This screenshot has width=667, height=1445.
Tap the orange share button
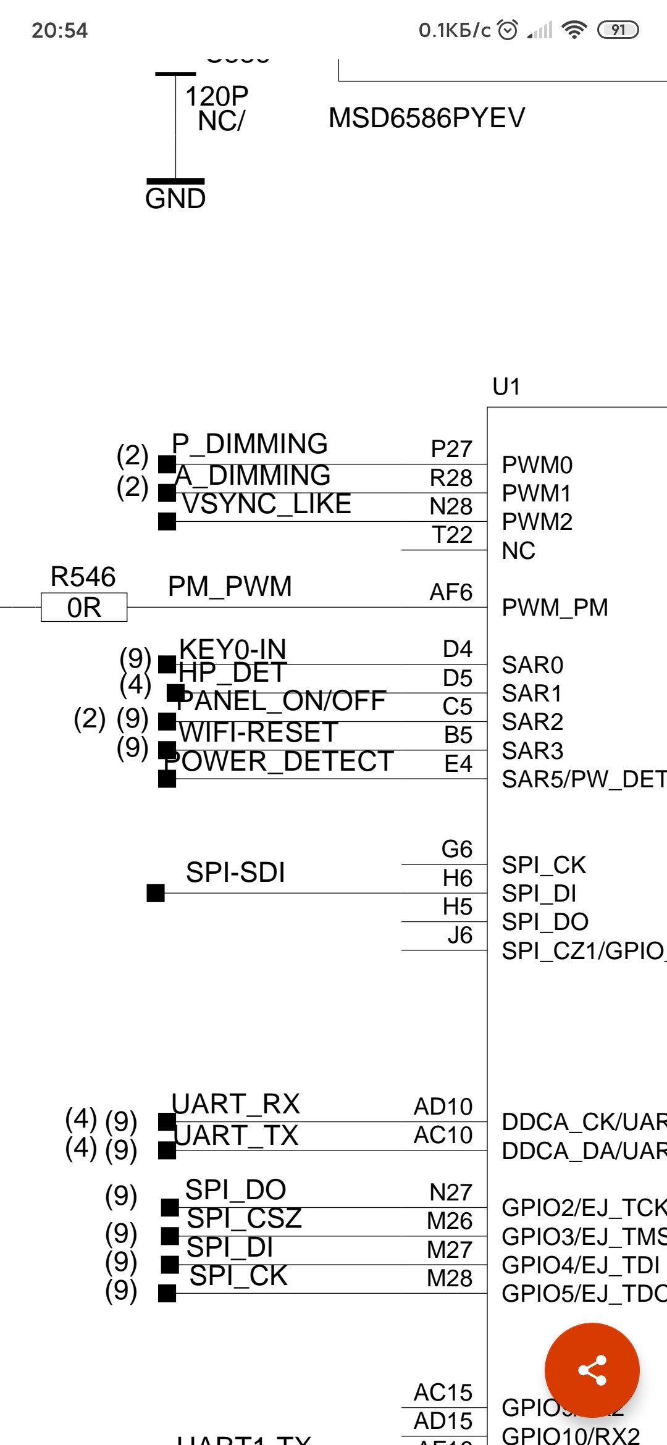pos(592,1370)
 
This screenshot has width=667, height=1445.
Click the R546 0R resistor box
pos(84,608)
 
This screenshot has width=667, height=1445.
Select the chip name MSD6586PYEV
pos(427,118)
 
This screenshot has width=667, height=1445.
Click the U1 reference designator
pos(506,387)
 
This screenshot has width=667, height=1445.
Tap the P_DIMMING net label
pos(250,444)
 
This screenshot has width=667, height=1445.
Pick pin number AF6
pos(451,592)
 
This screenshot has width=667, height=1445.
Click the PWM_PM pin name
pos(555,608)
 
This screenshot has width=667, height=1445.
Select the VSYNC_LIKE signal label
pos(267,504)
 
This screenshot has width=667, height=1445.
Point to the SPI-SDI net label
pos(235,873)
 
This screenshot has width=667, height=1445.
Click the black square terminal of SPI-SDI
pos(156,893)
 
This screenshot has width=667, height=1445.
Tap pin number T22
pos(452,535)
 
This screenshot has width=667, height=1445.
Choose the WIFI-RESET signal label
pos(258,732)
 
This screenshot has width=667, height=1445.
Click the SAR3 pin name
pos(532,751)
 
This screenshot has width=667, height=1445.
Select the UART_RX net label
pos(236,1104)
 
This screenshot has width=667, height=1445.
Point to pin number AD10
pos(443,1107)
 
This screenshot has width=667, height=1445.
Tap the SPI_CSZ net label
pos(245,1218)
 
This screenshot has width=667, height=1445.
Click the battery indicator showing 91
pos(618,30)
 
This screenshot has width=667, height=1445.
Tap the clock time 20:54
pos(60,30)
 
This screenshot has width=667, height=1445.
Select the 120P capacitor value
pos(217,96)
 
